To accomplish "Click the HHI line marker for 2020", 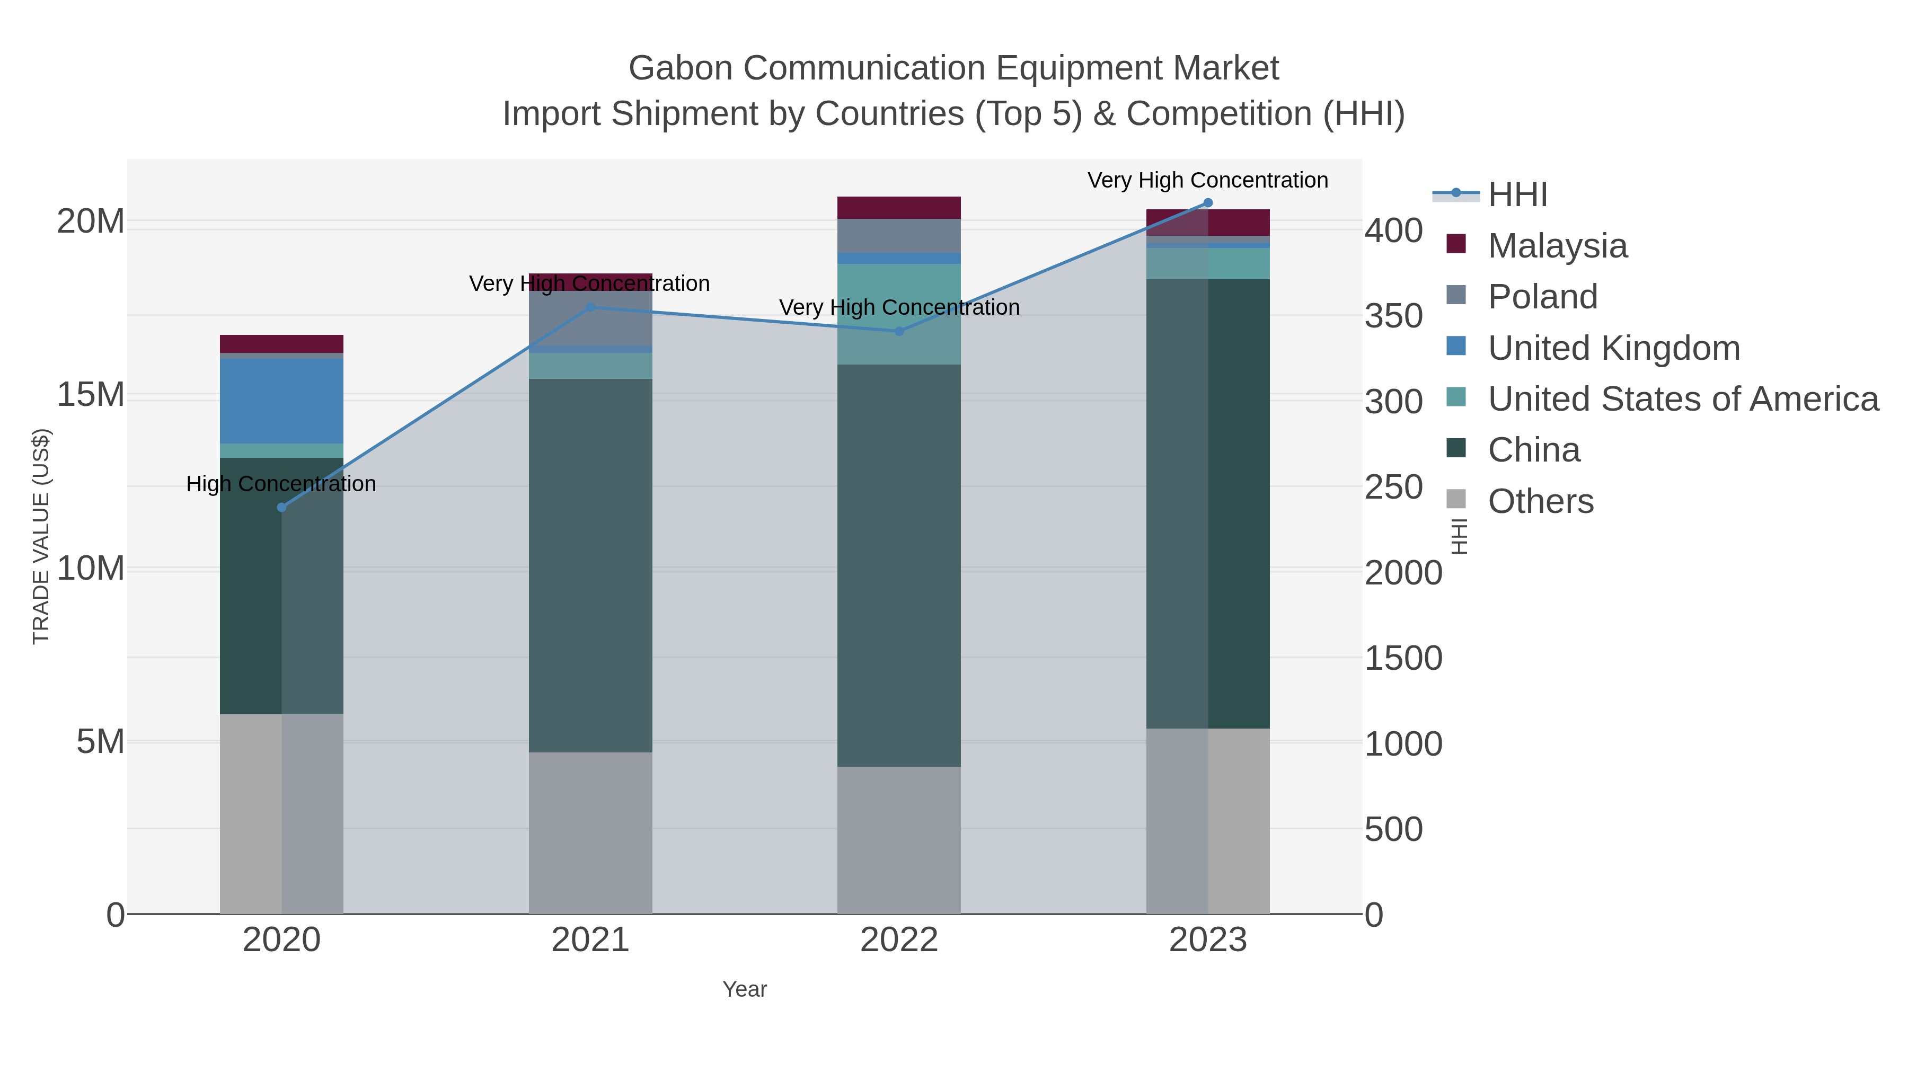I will tap(281, 507).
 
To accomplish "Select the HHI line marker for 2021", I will tap(590, 307).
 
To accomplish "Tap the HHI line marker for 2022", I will tap(899, 331).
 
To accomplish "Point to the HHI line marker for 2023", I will tap(1208, 203).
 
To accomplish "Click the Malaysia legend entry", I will tap(1557, 246).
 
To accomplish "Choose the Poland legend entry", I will tap(1542, 297).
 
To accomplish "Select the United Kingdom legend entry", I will tap(1613, 348).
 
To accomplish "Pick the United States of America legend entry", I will tap(1682, 399).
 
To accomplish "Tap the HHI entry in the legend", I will tap(1517, 195).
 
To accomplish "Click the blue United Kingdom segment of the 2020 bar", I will tap(281, 401).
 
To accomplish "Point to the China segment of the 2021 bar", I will tap(590, 566).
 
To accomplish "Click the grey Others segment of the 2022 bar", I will tap(899, 840).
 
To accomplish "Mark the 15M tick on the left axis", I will tap(90, 395).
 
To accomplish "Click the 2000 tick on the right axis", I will tap(1403, 573).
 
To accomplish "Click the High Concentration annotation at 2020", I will tap(281, 484).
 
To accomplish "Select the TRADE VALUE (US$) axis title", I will tap(41, 536).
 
